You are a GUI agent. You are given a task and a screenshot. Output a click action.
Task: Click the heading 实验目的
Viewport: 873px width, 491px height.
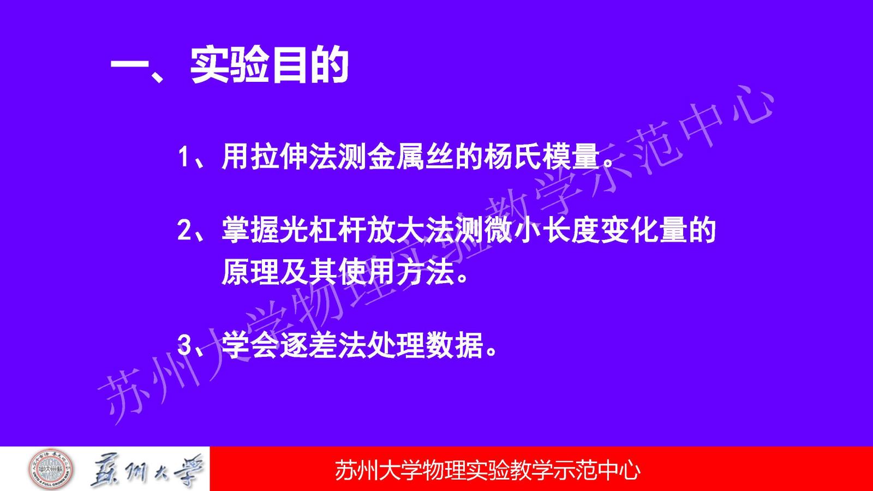coord(270,65)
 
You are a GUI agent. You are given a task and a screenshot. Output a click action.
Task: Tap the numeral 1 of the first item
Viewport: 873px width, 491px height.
coord(183,157)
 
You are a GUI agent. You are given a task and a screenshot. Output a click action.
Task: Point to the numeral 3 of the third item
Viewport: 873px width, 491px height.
coord(183,344)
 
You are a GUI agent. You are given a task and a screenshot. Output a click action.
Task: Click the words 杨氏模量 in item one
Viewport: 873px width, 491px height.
coord(541,157)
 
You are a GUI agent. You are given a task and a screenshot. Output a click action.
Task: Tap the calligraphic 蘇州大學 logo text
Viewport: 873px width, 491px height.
coord(147,470)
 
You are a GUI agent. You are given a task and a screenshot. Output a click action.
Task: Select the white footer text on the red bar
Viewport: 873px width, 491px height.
coord(488,470)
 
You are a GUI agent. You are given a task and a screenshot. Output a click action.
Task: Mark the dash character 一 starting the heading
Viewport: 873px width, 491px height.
coord(130,65)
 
